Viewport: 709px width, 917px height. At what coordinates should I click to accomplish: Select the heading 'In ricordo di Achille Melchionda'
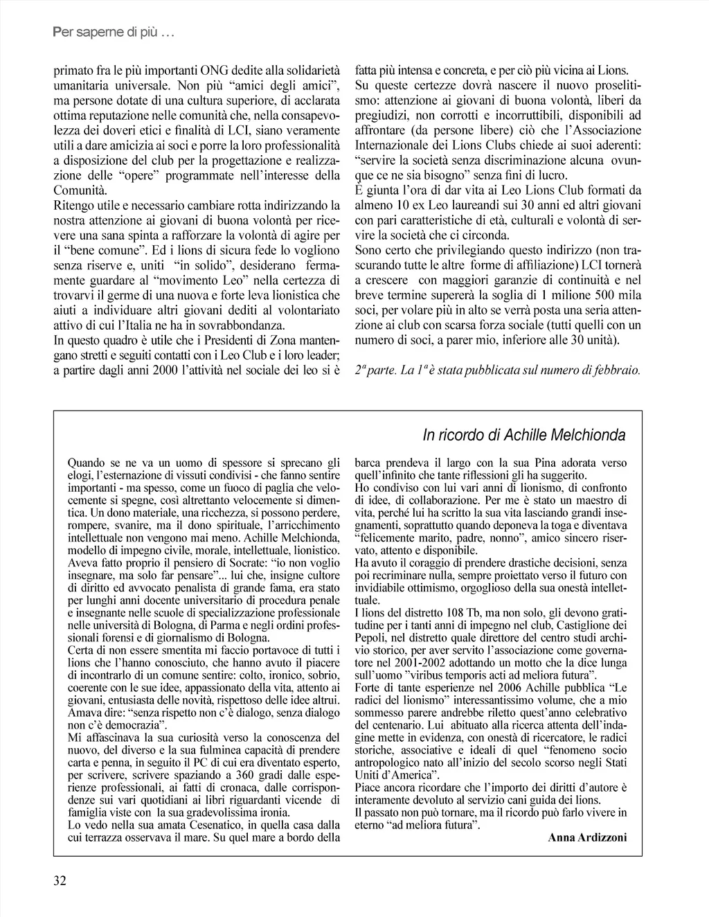(x=524, y=435)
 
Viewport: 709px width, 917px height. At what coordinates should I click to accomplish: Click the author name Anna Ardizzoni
(x=587, y=837)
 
